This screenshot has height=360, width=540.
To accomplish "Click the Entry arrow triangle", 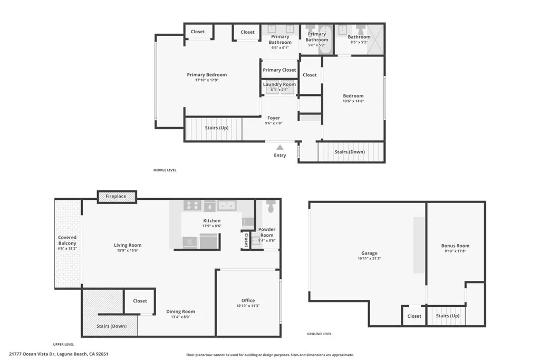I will [x=279, y=147].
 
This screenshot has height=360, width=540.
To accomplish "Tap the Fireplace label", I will [x=116, y=197].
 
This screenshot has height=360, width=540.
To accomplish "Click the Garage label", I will [x=369, y=254].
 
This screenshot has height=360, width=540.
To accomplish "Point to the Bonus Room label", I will [x=455, y=246].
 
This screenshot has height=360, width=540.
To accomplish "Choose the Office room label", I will [x=248, y=300].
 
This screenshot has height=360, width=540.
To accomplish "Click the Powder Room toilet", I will [x=271, y=206].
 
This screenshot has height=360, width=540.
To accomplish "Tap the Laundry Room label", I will [x=279, y=84].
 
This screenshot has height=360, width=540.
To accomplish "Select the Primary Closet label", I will [x=279, y=70].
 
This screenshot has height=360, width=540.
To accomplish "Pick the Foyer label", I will [x=274, y=118].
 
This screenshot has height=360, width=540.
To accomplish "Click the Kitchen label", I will [x=212, y=221].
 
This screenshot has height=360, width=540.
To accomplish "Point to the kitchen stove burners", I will [x=191, y=206].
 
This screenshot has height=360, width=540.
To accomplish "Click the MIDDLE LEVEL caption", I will [x=165, y=170].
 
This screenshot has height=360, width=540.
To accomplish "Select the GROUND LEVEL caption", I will [x=320, y=334].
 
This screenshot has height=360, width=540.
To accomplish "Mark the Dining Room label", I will [x=180, y=312].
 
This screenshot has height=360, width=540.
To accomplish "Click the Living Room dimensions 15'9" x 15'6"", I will [x=128, y=251].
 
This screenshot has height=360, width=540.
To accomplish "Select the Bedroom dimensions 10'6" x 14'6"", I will [x=353, y=101].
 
